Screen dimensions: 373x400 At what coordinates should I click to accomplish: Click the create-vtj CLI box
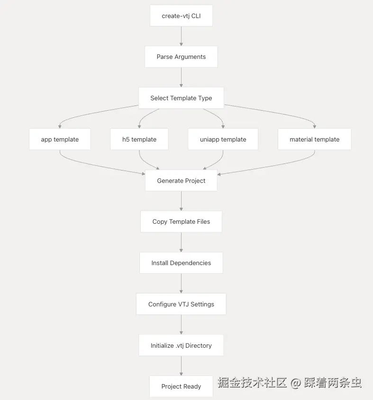[x=181, y=16]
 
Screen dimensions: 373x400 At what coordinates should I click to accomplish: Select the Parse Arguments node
[x=181, y=57]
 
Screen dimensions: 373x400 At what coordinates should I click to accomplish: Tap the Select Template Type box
[x=181, y=98]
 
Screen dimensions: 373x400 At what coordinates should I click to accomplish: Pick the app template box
[x=60, y=139]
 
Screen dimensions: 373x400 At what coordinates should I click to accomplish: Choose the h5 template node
[x=139, y=139]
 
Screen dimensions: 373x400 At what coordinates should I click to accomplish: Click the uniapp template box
[x=223, y=139]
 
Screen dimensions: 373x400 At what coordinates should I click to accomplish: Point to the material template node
[x=314, y=139]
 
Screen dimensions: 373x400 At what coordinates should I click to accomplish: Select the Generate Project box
[x=181, y=181]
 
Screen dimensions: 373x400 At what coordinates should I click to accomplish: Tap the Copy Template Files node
[x=181, y=221]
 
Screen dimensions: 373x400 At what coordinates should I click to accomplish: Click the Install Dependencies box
[x=181, y=263]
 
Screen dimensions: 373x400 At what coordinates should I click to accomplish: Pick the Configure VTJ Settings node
[x=181, y=304]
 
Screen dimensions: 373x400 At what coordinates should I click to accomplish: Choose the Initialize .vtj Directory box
[x=181, y=345]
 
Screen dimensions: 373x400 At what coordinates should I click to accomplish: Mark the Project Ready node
[x=181, y=386]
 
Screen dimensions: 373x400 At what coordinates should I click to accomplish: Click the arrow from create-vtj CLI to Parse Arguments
[x=181, y=36]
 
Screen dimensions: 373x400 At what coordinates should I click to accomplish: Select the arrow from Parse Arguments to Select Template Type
[x=181, y=77]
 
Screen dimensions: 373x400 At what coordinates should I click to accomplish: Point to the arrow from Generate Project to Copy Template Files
[x=181, y=201]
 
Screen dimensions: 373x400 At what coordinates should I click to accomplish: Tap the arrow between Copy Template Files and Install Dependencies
[x=181, y=242]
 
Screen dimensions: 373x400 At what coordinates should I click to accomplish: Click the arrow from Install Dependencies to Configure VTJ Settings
[x=181, y=284]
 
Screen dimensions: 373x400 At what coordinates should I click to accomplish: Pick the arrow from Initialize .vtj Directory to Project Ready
[x=181, y=366]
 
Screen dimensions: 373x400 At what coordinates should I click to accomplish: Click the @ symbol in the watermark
[x=296, y=383]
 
